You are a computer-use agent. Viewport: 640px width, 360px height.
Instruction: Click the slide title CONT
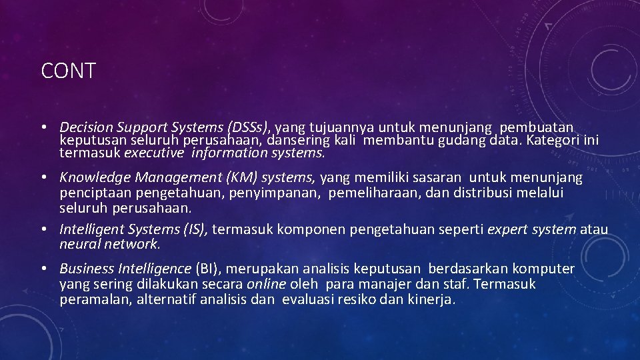pyautogui.click(x=69, y=71)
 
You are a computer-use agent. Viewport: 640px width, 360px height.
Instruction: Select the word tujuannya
pyautogui.click(x=341, y=127)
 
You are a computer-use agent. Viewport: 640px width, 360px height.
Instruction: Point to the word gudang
pyautogui.click(x=463, y=141)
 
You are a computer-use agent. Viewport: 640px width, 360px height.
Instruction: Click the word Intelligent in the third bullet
pyautogui.click(x=91, y=229)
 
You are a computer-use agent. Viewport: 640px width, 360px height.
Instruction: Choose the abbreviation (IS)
pyautogui.click(x=195, y=229)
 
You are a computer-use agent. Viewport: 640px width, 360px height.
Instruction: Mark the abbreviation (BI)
pyautogui.click(x=209, y=269)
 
